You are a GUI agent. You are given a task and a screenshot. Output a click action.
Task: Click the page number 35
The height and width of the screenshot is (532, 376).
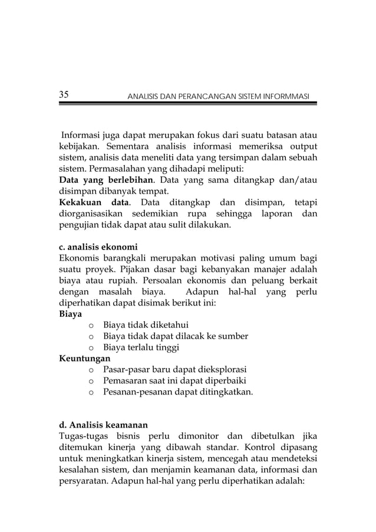tap(64, 94)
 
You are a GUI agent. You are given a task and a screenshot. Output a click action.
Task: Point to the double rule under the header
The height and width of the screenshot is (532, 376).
tap(188, 104)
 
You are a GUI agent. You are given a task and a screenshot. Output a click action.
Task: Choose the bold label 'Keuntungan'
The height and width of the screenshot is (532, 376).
tap(85, 358)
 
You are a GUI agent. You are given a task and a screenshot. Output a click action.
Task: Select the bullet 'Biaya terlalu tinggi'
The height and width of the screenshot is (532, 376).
tap(141, 347)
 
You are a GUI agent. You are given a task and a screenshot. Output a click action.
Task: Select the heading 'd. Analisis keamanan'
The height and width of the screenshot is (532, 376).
tap(100, 425)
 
